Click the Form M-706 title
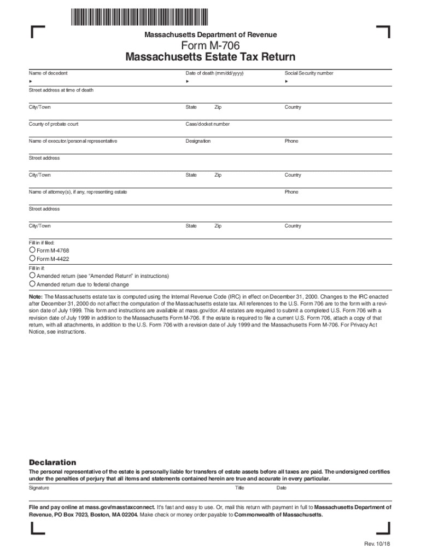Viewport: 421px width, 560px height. (x=210, y=46)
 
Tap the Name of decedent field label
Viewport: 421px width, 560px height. (x=48, y=73)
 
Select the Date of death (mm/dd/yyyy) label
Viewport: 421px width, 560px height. (x=214, y=73)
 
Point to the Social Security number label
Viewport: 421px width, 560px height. (x=308, y=73)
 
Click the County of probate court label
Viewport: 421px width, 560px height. (x=54, y=124)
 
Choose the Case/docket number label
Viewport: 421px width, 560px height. (x=208, y=124)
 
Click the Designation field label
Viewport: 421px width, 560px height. (x=198, y=141)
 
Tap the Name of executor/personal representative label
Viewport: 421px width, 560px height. (x=73, y=141)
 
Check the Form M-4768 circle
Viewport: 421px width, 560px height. (x=32, y=250)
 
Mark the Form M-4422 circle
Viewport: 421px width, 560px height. (x=32, y=258)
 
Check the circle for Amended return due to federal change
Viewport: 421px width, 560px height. (x=32, y=284)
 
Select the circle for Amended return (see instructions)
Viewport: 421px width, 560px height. (x=32, y=276)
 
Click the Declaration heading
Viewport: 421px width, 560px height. (x=52, y=462)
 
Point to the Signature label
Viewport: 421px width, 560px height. (x=39, y=487)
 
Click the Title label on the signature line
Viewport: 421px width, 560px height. (x=239, y=487)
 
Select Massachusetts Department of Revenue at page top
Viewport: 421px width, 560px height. (x=210, y=34)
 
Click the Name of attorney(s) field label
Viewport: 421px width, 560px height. (x=78, y=192)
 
